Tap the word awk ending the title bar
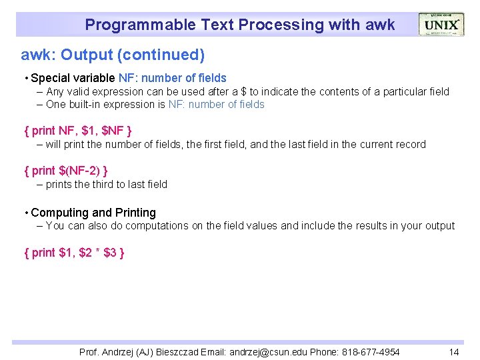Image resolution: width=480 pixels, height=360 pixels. pyautogui.click(x=380, y=25)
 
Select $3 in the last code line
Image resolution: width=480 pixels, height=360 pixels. pyautogui.click(x=110, y=253)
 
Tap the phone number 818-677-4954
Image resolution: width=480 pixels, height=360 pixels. pyautogui.click(x=371, y=352)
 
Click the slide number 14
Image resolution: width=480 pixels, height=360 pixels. pyautogui.click(x=454, y=352)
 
